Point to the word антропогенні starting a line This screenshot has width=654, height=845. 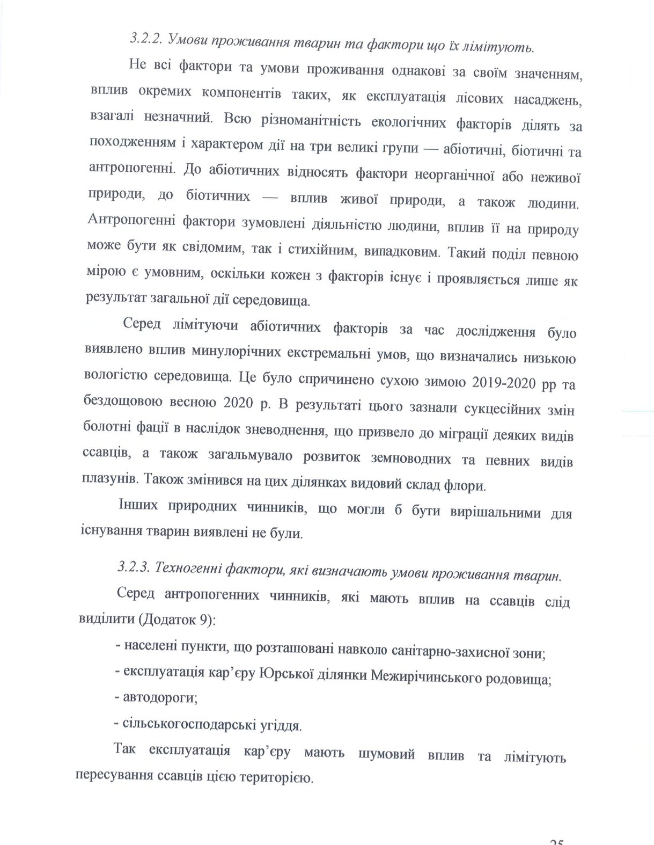[130, 169]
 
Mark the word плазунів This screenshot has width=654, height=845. [111, 479]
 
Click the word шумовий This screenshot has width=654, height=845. [386, 754]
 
